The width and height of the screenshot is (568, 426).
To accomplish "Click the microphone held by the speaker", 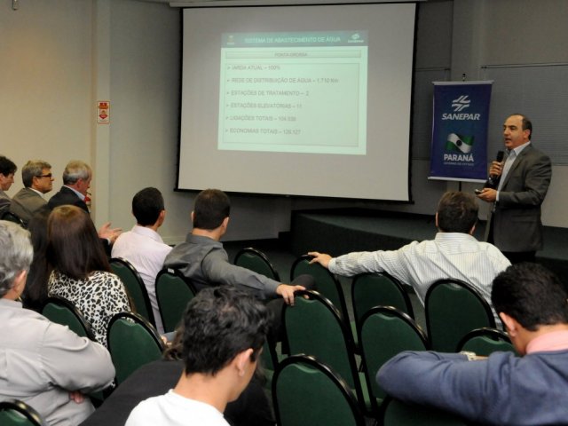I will point(500,158).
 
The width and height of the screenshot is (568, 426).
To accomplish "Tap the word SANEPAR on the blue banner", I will point(460,115).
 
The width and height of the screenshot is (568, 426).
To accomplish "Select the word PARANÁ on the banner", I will point(458,157).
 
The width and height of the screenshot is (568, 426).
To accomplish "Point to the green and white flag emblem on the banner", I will point(458,141).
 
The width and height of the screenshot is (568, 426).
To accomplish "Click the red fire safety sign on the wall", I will point(103,112).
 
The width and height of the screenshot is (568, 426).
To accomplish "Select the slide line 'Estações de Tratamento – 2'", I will point(270,92).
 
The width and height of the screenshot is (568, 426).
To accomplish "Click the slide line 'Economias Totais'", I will point(265,130).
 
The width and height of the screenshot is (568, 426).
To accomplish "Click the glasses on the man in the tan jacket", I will point(43,177).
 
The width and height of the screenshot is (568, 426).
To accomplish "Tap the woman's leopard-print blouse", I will point(89,297).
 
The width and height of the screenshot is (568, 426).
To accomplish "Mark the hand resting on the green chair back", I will point(288,291).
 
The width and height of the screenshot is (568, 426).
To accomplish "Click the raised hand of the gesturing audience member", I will point(108,232).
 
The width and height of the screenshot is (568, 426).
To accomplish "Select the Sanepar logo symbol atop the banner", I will point(460,101).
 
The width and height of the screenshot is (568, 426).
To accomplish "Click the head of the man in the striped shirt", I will point(457,213).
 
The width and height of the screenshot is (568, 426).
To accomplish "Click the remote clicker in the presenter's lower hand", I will point(479,191).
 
